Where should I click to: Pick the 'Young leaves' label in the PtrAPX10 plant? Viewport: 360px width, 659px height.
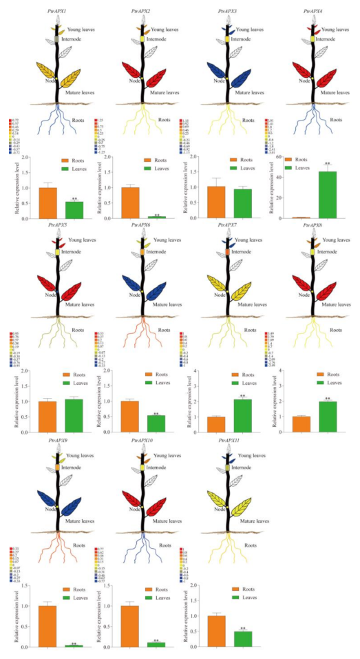coord(169,456)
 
